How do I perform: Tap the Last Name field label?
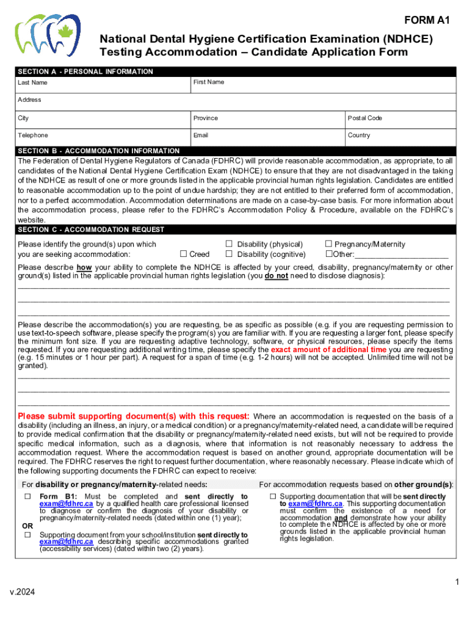pyautogui.click(x=32, y=82)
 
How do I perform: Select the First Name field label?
pyautogui.click(x=209, y=82)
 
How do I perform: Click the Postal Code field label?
pyautogui.click(x=365, y=118)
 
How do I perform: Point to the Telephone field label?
pyautogui.click(x=33, y=135)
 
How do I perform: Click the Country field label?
pyautogui.click(x=359, y=135)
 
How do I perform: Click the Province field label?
pyautogui.click(x=206, y=118)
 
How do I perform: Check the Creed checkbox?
pyautogui.click(x=183, y=254)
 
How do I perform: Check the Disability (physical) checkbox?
pyautogui.click(x=230, y=244)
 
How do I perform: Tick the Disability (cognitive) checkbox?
pyautogui.click(x=230, y=254)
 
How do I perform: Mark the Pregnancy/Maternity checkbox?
pyautogui.click(x=328, y=244)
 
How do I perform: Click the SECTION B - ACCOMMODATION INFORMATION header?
pyautogui.click(x=99, y=151)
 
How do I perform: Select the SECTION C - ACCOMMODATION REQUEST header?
pyautogui.click(x=91, y=229)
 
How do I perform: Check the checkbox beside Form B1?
pyautogui.click(x=27, y=497)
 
